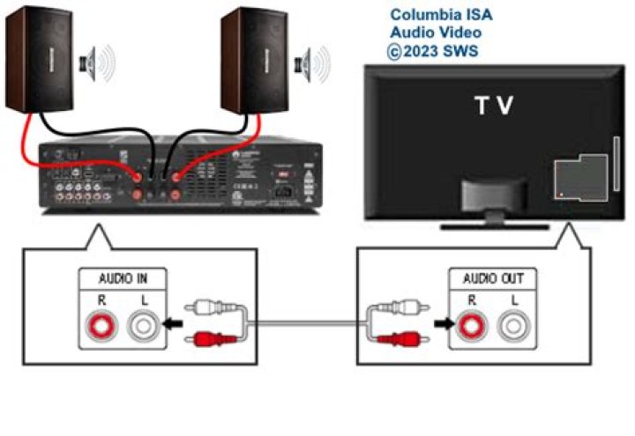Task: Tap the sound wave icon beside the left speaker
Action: click(98, 63)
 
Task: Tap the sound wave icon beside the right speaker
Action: click(315, 63)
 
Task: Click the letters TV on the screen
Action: click(495, 107)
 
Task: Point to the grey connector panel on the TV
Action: click(579, 176)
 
